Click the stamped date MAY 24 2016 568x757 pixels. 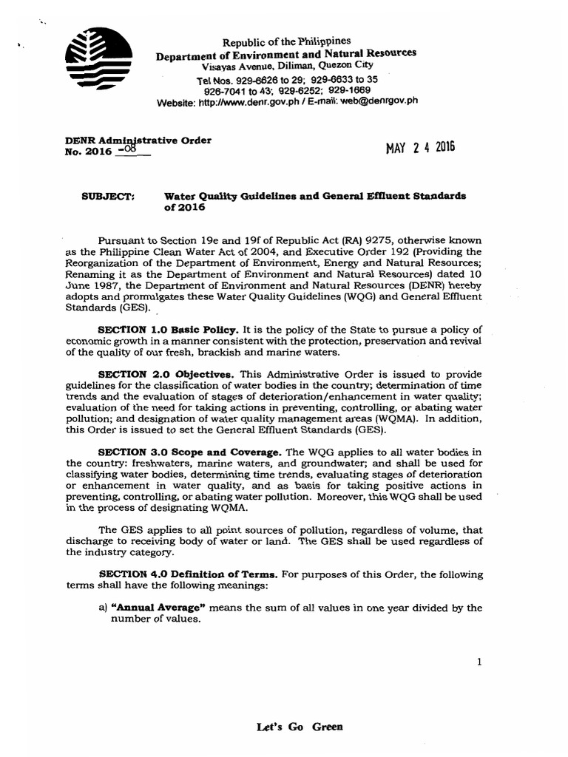(420, 146)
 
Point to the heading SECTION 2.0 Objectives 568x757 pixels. (153, 375)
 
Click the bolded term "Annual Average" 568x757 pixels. (155, 608)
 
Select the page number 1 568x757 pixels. (479, 662)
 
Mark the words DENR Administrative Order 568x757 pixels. (138, 140)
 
